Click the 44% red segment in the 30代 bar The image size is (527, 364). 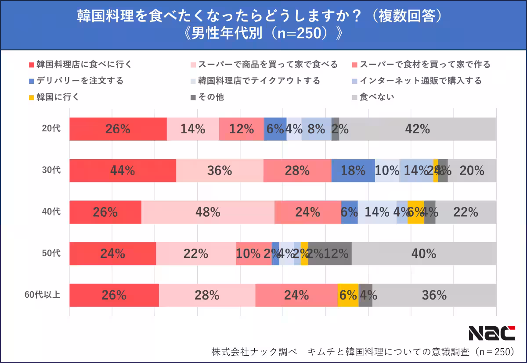click(123, 171)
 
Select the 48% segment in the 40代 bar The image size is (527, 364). click(208, 212)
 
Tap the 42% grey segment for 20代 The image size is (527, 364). click(417, 129)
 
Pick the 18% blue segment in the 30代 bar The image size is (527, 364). click(353, 171)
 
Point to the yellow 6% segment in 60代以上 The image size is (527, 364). click(348, 295)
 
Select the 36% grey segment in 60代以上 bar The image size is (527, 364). click(434, 295)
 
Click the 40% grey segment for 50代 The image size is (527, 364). click(424, 253)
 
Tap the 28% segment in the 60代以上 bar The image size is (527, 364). click(207, 295)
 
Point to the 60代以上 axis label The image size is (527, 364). click(42, 295)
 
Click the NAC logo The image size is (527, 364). click(491, 333)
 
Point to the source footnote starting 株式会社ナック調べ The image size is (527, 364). click(363, 352)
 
